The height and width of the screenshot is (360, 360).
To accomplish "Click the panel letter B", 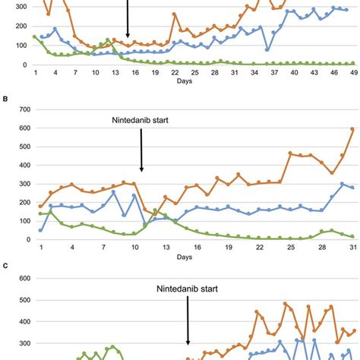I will click(5, 98).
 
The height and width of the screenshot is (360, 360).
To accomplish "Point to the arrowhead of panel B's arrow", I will click(142, 170).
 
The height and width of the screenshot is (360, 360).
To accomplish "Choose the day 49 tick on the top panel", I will click(353, 72).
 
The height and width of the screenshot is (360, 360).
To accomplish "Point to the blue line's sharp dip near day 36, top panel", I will click(267, 50).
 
